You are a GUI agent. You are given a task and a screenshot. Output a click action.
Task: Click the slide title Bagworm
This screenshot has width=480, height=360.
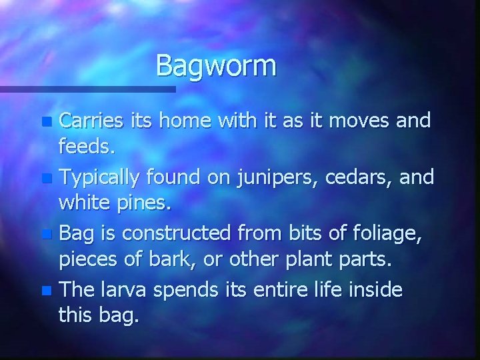(x=215, y=66)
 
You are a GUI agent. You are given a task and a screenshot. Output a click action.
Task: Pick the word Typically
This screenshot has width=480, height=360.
(x=100, y=177)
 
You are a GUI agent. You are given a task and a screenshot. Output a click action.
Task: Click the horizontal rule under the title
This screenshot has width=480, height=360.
(x=87, y=89)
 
